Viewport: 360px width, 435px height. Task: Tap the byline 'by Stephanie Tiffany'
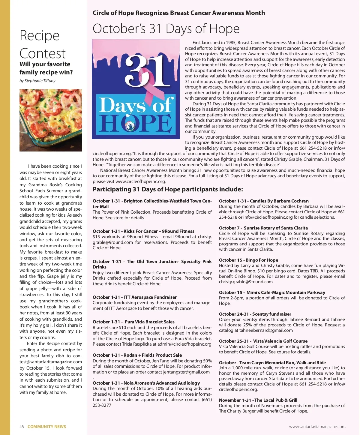pos(37,81)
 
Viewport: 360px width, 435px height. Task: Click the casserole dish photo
pos(51,120)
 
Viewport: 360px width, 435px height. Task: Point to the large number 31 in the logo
pos(144,72)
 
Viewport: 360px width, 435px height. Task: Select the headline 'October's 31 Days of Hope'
pos(166,29)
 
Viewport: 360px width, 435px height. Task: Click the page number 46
pos(22,427)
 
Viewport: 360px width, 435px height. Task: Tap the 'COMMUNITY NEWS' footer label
pos(47,427)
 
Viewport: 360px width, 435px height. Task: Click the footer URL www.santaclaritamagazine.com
pos(317,427)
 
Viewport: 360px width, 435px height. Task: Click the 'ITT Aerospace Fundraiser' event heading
pos(135,297)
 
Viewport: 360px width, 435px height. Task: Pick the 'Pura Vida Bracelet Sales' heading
pos(133,322)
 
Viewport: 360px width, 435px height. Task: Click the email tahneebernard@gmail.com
pos(266,330)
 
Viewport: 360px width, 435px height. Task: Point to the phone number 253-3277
pos(102,405)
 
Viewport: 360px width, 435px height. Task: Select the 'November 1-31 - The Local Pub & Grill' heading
pos(258,400)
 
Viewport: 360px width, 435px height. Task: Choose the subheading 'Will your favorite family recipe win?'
pos(46,68)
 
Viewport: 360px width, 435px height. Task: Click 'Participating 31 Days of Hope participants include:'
pos(168,189)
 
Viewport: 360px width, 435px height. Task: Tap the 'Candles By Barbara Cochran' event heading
pos(264,201)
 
